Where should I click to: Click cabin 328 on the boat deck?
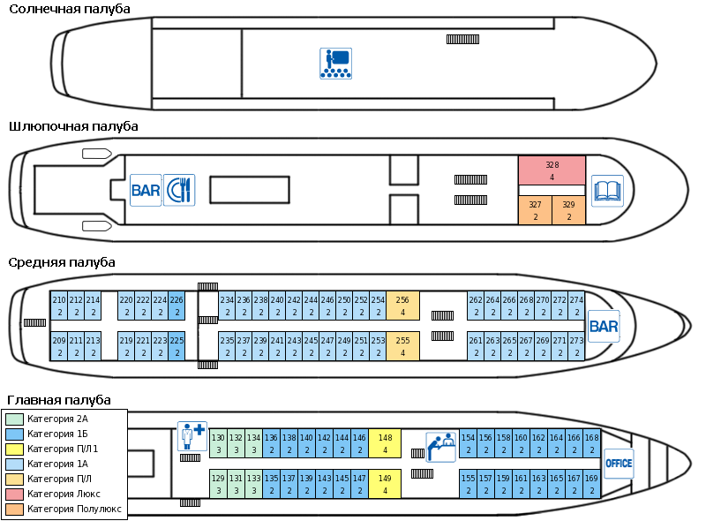pyautogui.click(x=552, y=170)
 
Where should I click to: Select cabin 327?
pyautogui.click(x=535, y=210)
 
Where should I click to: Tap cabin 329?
pyautogui.click(x=568, y=210)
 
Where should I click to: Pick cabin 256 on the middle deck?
pyautogui.click(x=402, y=306)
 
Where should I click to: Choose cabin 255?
pyautogui.click(x=402, y=346)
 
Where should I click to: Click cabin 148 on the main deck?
pyautogui.click(x=385, y=443)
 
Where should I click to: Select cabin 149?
pyautogui.click(x=385, y=484)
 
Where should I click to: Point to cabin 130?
pyautogui.click(x=218, y=443)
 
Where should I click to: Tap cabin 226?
pyautogui.click(x=176, y=306)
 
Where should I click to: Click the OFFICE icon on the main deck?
pyautogui.click(x=619, y=463)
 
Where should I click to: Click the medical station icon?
pyautogui.click(x=192, y=435)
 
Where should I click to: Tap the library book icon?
pyautogui.click(x=607, y=190)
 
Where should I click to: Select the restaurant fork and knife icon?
pyautogui.click(x=178, y=190)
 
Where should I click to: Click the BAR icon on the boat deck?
pyautogui.click(x=145, y=190)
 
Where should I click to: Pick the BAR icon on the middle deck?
pyautogui.click(x=604, y=326)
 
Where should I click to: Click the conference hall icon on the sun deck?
pyautogui.click(x=335, y=64)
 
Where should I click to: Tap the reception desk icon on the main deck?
pyautogui.click(x=440, y=446)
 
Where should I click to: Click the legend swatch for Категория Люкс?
pyautogui.click(x=15, y=494)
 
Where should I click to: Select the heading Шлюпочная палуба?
pyautogui.click(x=73, y=126)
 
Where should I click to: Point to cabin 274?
pyautogui.click(x=576, y=306)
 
